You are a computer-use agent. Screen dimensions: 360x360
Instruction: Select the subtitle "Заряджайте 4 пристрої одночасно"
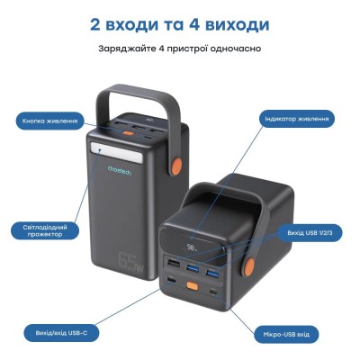[179, 47]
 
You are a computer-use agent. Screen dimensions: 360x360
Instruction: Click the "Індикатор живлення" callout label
[298, 118]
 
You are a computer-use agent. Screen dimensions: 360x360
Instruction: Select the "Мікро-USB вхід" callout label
[285, 332]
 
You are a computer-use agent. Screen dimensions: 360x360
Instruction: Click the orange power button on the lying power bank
[192, 286]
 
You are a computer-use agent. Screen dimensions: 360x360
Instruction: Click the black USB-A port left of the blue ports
[172, 264]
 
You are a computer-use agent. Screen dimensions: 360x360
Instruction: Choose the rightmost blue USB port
[214, 273]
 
